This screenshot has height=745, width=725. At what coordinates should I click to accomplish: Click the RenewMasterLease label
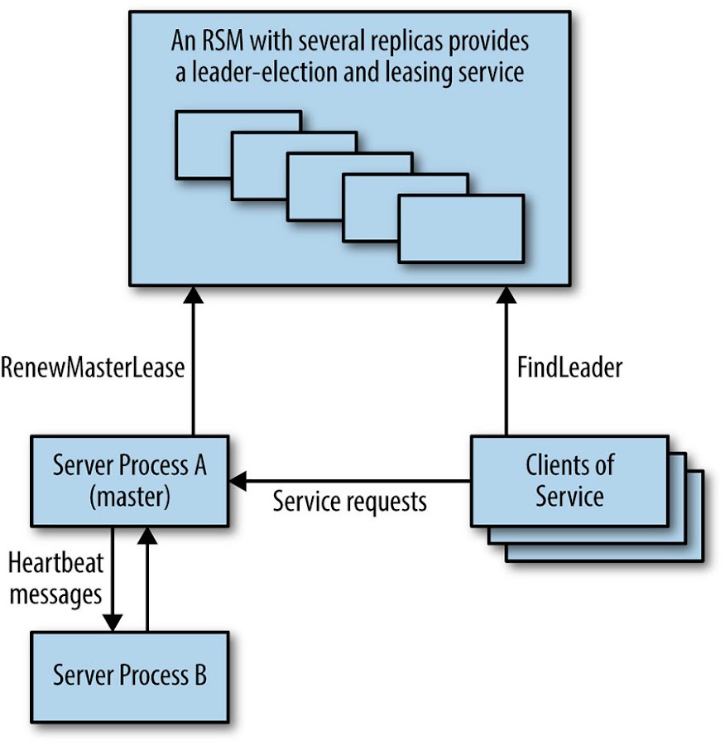pyautogui.click(x=92, y=368)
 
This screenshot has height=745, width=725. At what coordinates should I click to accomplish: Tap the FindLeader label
pyautogui.click(x=570, y=368)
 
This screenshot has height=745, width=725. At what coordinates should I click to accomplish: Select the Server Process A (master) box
pyautogui.click(x=130, y=480)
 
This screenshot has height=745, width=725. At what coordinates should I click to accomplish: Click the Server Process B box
pyautogui.click(x=130, y=675)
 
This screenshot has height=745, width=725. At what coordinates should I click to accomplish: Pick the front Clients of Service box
pyautogui.click(x=569, y=480)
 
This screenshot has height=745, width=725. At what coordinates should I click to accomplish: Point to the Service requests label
pyautogui.click(x=350, y=501)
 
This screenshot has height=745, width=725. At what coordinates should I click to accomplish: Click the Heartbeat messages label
pyautogui.click(x=55, y=579)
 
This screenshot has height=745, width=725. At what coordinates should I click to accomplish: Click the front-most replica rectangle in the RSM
pyautogui.click(x=461, y=228)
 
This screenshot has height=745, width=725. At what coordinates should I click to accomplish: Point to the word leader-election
pyautogui.click(x=263, y=72)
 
